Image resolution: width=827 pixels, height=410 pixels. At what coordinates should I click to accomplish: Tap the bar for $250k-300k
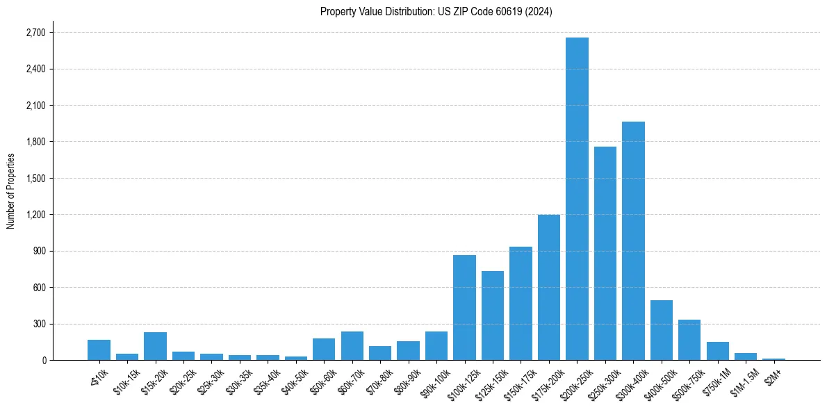605,254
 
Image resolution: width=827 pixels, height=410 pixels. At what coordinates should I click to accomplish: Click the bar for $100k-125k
464,307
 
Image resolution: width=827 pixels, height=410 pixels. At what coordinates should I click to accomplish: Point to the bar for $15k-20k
155,346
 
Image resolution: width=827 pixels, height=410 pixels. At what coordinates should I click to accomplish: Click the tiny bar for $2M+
774,359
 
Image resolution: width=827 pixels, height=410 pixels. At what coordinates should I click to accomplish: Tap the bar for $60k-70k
352,345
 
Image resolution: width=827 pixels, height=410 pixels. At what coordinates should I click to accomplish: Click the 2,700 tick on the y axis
35,33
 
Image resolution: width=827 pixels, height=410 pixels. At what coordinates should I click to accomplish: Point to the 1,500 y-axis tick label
35,179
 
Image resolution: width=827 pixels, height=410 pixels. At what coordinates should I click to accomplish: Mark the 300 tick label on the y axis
39,324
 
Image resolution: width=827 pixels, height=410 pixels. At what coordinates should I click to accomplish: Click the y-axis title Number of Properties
10,190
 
